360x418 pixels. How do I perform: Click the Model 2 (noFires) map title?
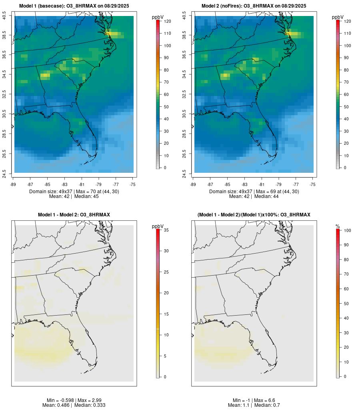click(254, 6)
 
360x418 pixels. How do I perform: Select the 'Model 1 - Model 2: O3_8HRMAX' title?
click(74, 215)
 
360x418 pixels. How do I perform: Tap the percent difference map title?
click(254, 215)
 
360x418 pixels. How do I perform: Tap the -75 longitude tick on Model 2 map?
click(312, 184)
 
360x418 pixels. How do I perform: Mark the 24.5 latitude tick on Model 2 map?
click(185, 174)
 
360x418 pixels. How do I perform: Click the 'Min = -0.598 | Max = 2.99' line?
click(74, 400)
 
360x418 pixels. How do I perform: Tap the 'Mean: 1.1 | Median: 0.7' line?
click(254, 405)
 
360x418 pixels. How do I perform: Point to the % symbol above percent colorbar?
click(338, 226)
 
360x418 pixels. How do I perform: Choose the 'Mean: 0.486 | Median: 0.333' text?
click(74, 405)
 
